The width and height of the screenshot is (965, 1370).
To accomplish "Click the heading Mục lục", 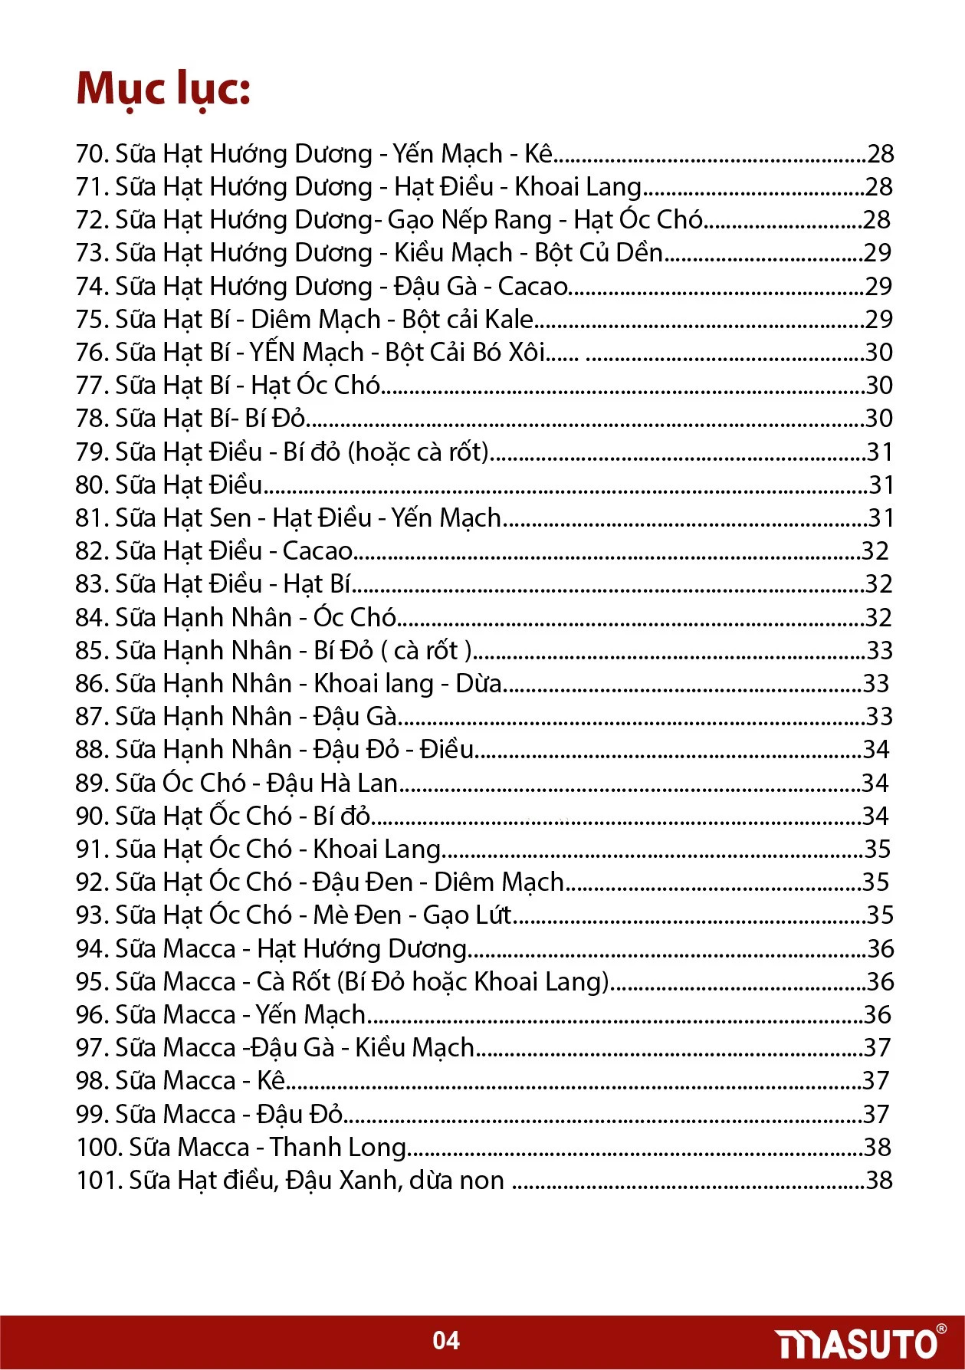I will [163, 89].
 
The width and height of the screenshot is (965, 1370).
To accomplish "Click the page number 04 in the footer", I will [446, 1340].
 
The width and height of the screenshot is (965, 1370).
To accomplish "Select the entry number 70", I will [91, 154].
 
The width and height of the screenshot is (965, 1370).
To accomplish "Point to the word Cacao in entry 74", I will [533, 287].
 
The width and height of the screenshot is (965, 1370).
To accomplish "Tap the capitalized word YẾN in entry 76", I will [273, 353].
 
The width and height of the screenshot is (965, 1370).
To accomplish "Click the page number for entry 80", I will [881, 485].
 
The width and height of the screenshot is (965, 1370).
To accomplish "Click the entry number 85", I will [91, 651].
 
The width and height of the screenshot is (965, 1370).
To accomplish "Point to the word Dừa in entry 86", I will [478, 684].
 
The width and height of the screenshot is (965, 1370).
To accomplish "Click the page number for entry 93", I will [880, 915].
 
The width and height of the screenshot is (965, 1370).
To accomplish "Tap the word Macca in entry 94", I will [200, 949].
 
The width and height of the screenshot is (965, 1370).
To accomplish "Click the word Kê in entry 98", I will [271, 1081].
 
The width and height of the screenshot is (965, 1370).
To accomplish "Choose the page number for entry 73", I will [878, 253].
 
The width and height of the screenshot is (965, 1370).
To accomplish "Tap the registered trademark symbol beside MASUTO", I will [942, 1329].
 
